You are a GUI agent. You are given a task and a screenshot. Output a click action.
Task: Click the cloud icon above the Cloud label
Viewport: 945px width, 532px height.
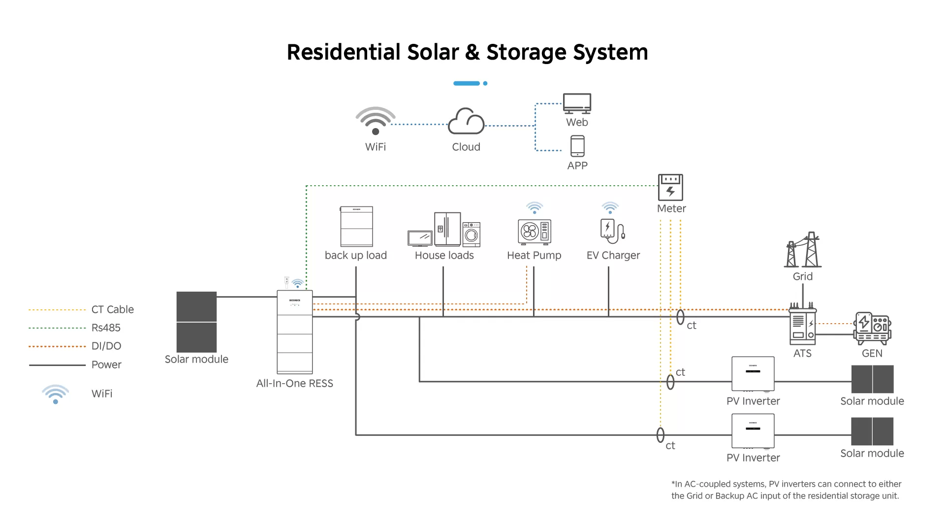click(x=466, y=122)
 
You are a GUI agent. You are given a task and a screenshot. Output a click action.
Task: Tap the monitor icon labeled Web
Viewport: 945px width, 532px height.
click(x=577, y=103)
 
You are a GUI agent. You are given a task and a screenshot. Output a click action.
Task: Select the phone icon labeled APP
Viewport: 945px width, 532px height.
click(x=577, y=146)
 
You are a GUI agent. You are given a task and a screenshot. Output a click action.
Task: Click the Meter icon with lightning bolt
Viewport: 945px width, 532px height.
click(x=670, y=187)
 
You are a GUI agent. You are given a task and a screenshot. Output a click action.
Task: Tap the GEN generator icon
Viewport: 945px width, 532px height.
click(x=873, y=328)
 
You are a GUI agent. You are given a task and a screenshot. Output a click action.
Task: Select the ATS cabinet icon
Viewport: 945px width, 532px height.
click(x=802, y=326)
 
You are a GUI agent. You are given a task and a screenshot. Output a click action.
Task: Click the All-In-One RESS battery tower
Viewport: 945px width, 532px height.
click(x=295, y=332)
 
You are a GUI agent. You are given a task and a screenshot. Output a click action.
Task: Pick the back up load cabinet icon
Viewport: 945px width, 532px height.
click(x=356, y=227)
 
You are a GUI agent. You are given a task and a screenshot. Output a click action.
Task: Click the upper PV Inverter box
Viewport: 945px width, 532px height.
click(x=753, y=374)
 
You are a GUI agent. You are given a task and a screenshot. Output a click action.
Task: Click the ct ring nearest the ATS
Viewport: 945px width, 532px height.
click(x=680, y=317)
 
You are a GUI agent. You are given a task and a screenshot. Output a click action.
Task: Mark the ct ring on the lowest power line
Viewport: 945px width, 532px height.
click(x=661, y=435)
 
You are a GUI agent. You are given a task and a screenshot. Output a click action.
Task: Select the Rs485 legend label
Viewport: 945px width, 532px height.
click(x=106, y=328)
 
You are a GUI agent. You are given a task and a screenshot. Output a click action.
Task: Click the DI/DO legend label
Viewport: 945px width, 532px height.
click(x=106, y=346)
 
